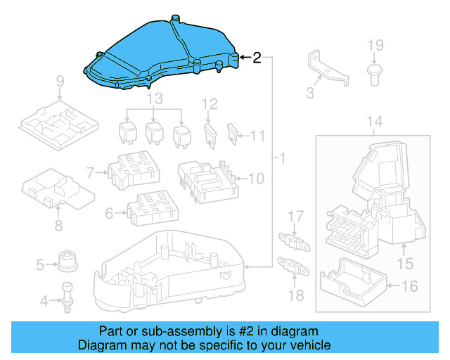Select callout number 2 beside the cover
257,58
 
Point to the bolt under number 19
374,72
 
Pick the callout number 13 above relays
154,97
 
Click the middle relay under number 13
155,132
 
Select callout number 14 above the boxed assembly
375,122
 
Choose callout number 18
297,295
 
